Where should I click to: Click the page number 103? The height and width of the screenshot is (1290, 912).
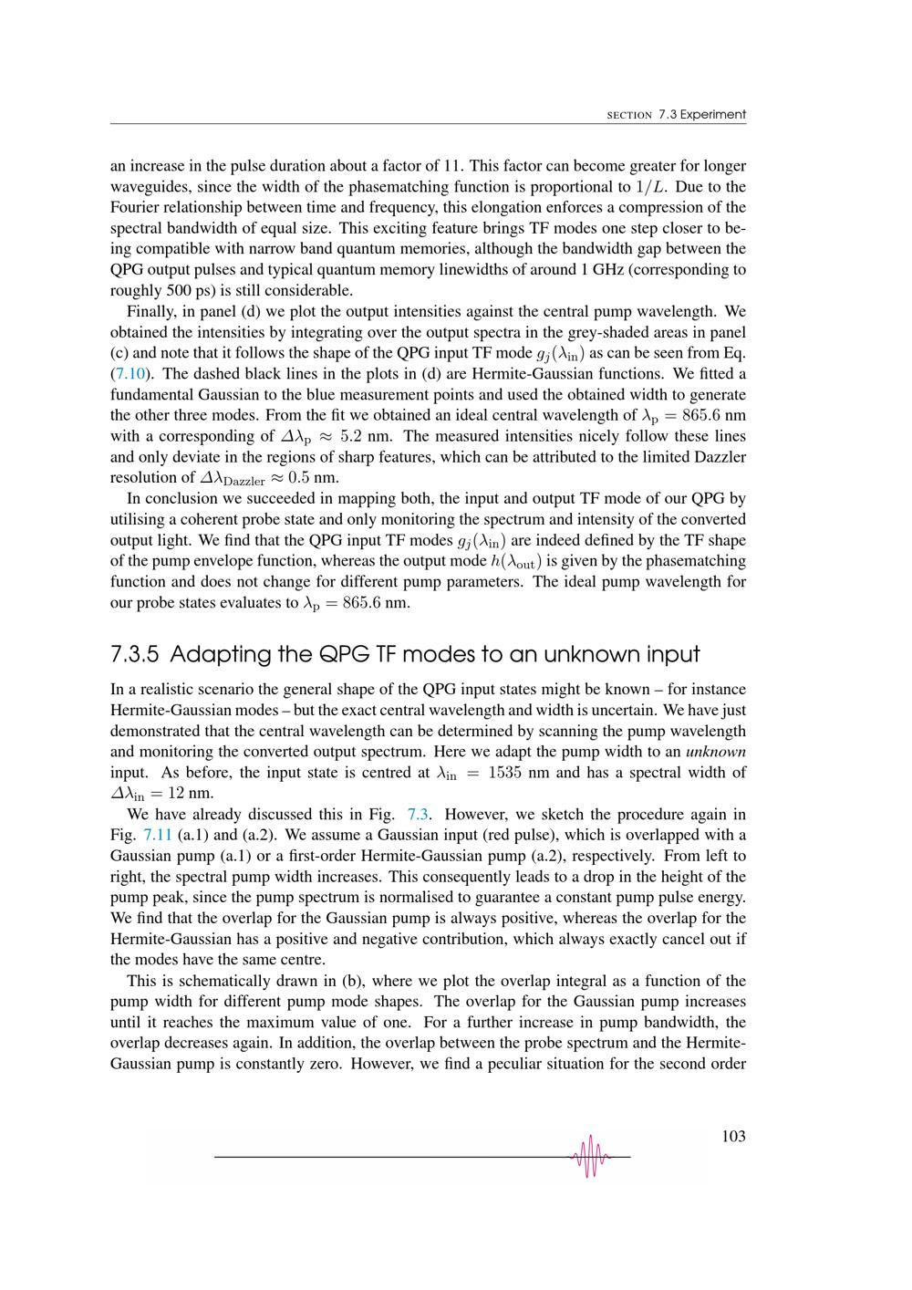click(x=732, y=1136)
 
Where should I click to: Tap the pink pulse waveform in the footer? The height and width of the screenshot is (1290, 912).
click(x=591, y=1156)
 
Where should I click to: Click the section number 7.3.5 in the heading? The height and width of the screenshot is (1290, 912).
click(x=135, y=654)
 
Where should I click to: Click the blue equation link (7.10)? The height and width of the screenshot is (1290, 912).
click(x=128, y=374)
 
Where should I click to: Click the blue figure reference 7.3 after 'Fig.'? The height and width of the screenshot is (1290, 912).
click(x=418, y=814)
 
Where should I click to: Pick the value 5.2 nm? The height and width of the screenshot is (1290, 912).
click(x=359, y=436)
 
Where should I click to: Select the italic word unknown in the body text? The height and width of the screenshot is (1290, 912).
click(x=716, y=752)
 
